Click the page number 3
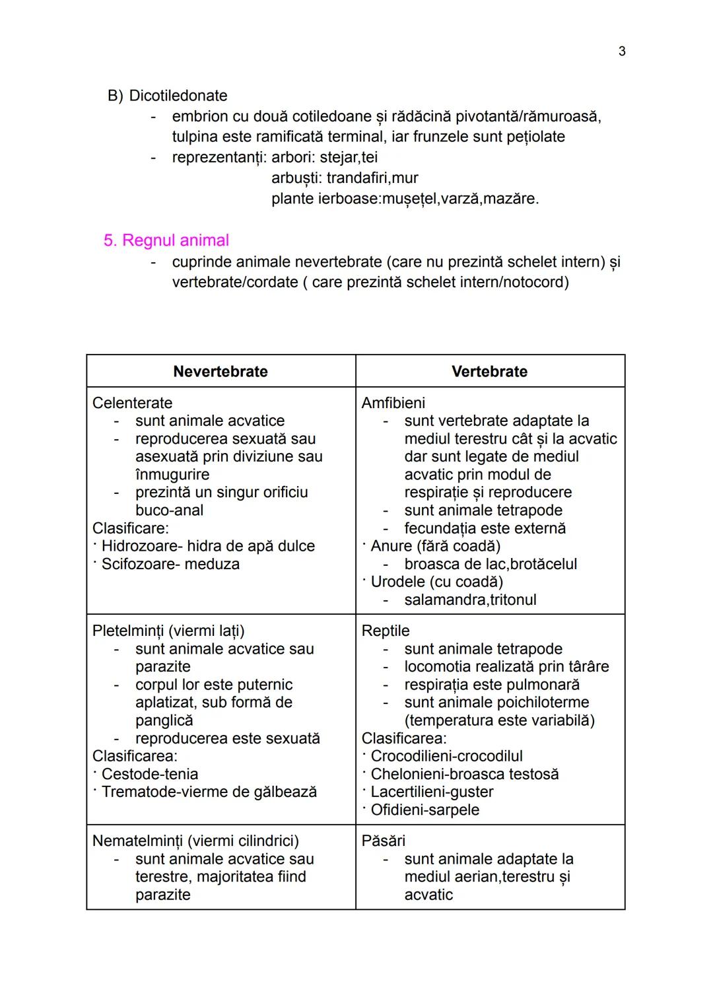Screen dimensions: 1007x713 [621, 52]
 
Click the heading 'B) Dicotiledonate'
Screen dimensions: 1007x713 [167, 96]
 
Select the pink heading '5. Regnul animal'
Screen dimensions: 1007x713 [166, 240]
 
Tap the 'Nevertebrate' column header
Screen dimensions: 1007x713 [221, 372]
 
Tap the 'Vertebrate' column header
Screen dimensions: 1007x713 [489, 372]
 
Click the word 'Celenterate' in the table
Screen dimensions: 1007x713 [132, 403]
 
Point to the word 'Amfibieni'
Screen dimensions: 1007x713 [393, 403]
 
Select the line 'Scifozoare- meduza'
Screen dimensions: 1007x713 [170, 564]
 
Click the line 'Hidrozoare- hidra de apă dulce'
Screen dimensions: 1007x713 [208, 546]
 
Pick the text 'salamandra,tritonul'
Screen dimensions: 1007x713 [470, 600]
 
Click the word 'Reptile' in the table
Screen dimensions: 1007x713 [386, 631]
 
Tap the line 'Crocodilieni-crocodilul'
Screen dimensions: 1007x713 [446, 756]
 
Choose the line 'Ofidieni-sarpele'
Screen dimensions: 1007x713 [424, 810]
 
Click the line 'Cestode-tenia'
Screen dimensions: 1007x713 [149, 774]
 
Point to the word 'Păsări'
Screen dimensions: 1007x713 [384, 841]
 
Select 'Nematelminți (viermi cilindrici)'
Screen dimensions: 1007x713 [195, 841]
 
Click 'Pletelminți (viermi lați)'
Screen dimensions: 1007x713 [168, 631]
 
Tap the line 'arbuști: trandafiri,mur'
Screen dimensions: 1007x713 [345, 178]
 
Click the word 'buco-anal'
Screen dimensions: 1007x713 [169, 510]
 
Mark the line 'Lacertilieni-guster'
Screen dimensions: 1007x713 [432, 792]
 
